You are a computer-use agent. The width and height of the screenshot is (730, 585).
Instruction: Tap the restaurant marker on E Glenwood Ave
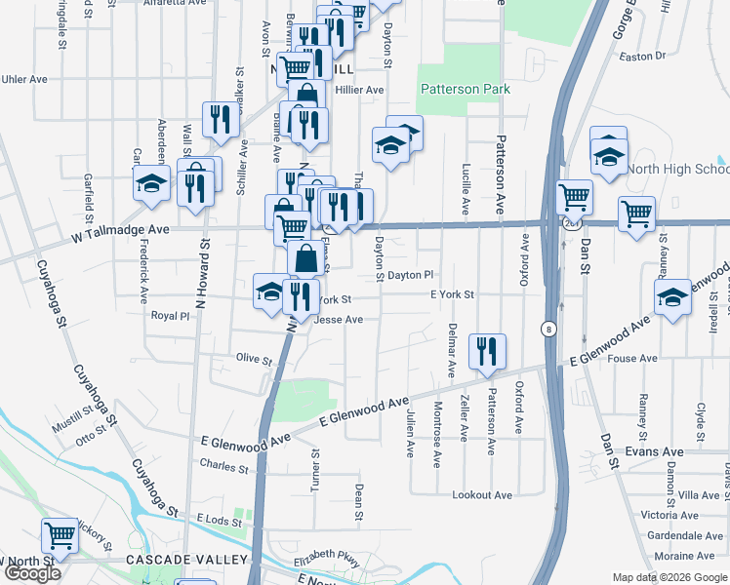[486, 353]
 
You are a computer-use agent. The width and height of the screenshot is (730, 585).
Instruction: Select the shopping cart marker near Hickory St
[61, 537]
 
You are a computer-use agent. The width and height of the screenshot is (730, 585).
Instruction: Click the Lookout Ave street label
[482, 495]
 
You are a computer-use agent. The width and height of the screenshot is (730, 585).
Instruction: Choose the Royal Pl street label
[169, 316]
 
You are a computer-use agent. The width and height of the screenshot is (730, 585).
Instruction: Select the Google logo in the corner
[32, 574]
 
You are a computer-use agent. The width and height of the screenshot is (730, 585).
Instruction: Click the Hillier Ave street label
[359, 90]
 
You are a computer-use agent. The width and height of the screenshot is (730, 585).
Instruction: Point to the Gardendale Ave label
[684, 536]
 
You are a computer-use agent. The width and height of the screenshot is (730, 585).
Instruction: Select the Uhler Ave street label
[25, 79]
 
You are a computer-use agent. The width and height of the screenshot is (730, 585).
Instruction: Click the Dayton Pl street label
[410, 276]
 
